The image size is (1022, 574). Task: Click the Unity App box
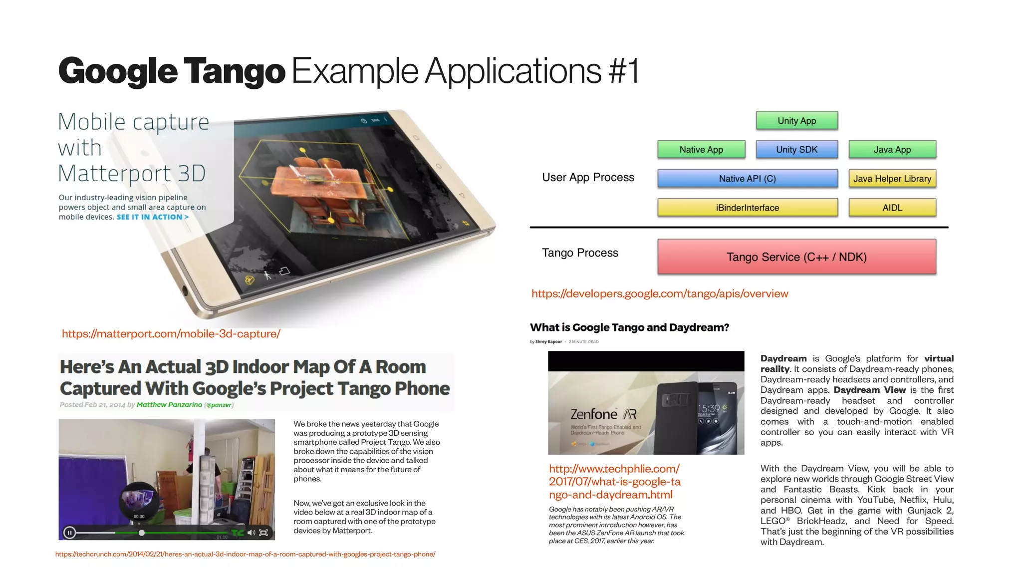[x=796, y=121]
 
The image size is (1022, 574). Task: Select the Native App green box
[x=701, y=150]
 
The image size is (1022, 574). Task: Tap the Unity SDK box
[x=796, y=150]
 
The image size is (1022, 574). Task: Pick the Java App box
[x=892, y=150]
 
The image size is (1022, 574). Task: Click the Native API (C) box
[x=747, y=179]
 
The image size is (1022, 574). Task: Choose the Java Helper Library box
[x=892, y=179]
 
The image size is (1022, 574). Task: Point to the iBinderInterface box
[x=747, y=208]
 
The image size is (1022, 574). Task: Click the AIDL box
[x=892, y=208]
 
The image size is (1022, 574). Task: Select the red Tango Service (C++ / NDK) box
[x=796, y=257]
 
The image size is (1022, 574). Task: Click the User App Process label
[x=588, y=178]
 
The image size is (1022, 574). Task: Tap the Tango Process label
[x=580, y=253]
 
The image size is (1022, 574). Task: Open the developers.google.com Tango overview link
[x=660, y=294]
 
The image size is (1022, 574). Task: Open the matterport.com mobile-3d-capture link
[x=171, y=334]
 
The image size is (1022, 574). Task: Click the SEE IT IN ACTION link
[x=152, y=217]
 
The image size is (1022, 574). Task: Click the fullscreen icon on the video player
[x=264, y=533]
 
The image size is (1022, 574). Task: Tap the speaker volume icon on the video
[x=251, y=533]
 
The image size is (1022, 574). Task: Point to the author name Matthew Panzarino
[x=169, y=405]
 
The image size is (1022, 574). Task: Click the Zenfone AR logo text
[x=603, y=414]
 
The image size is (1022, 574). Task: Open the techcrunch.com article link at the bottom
[x=245, y=554]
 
